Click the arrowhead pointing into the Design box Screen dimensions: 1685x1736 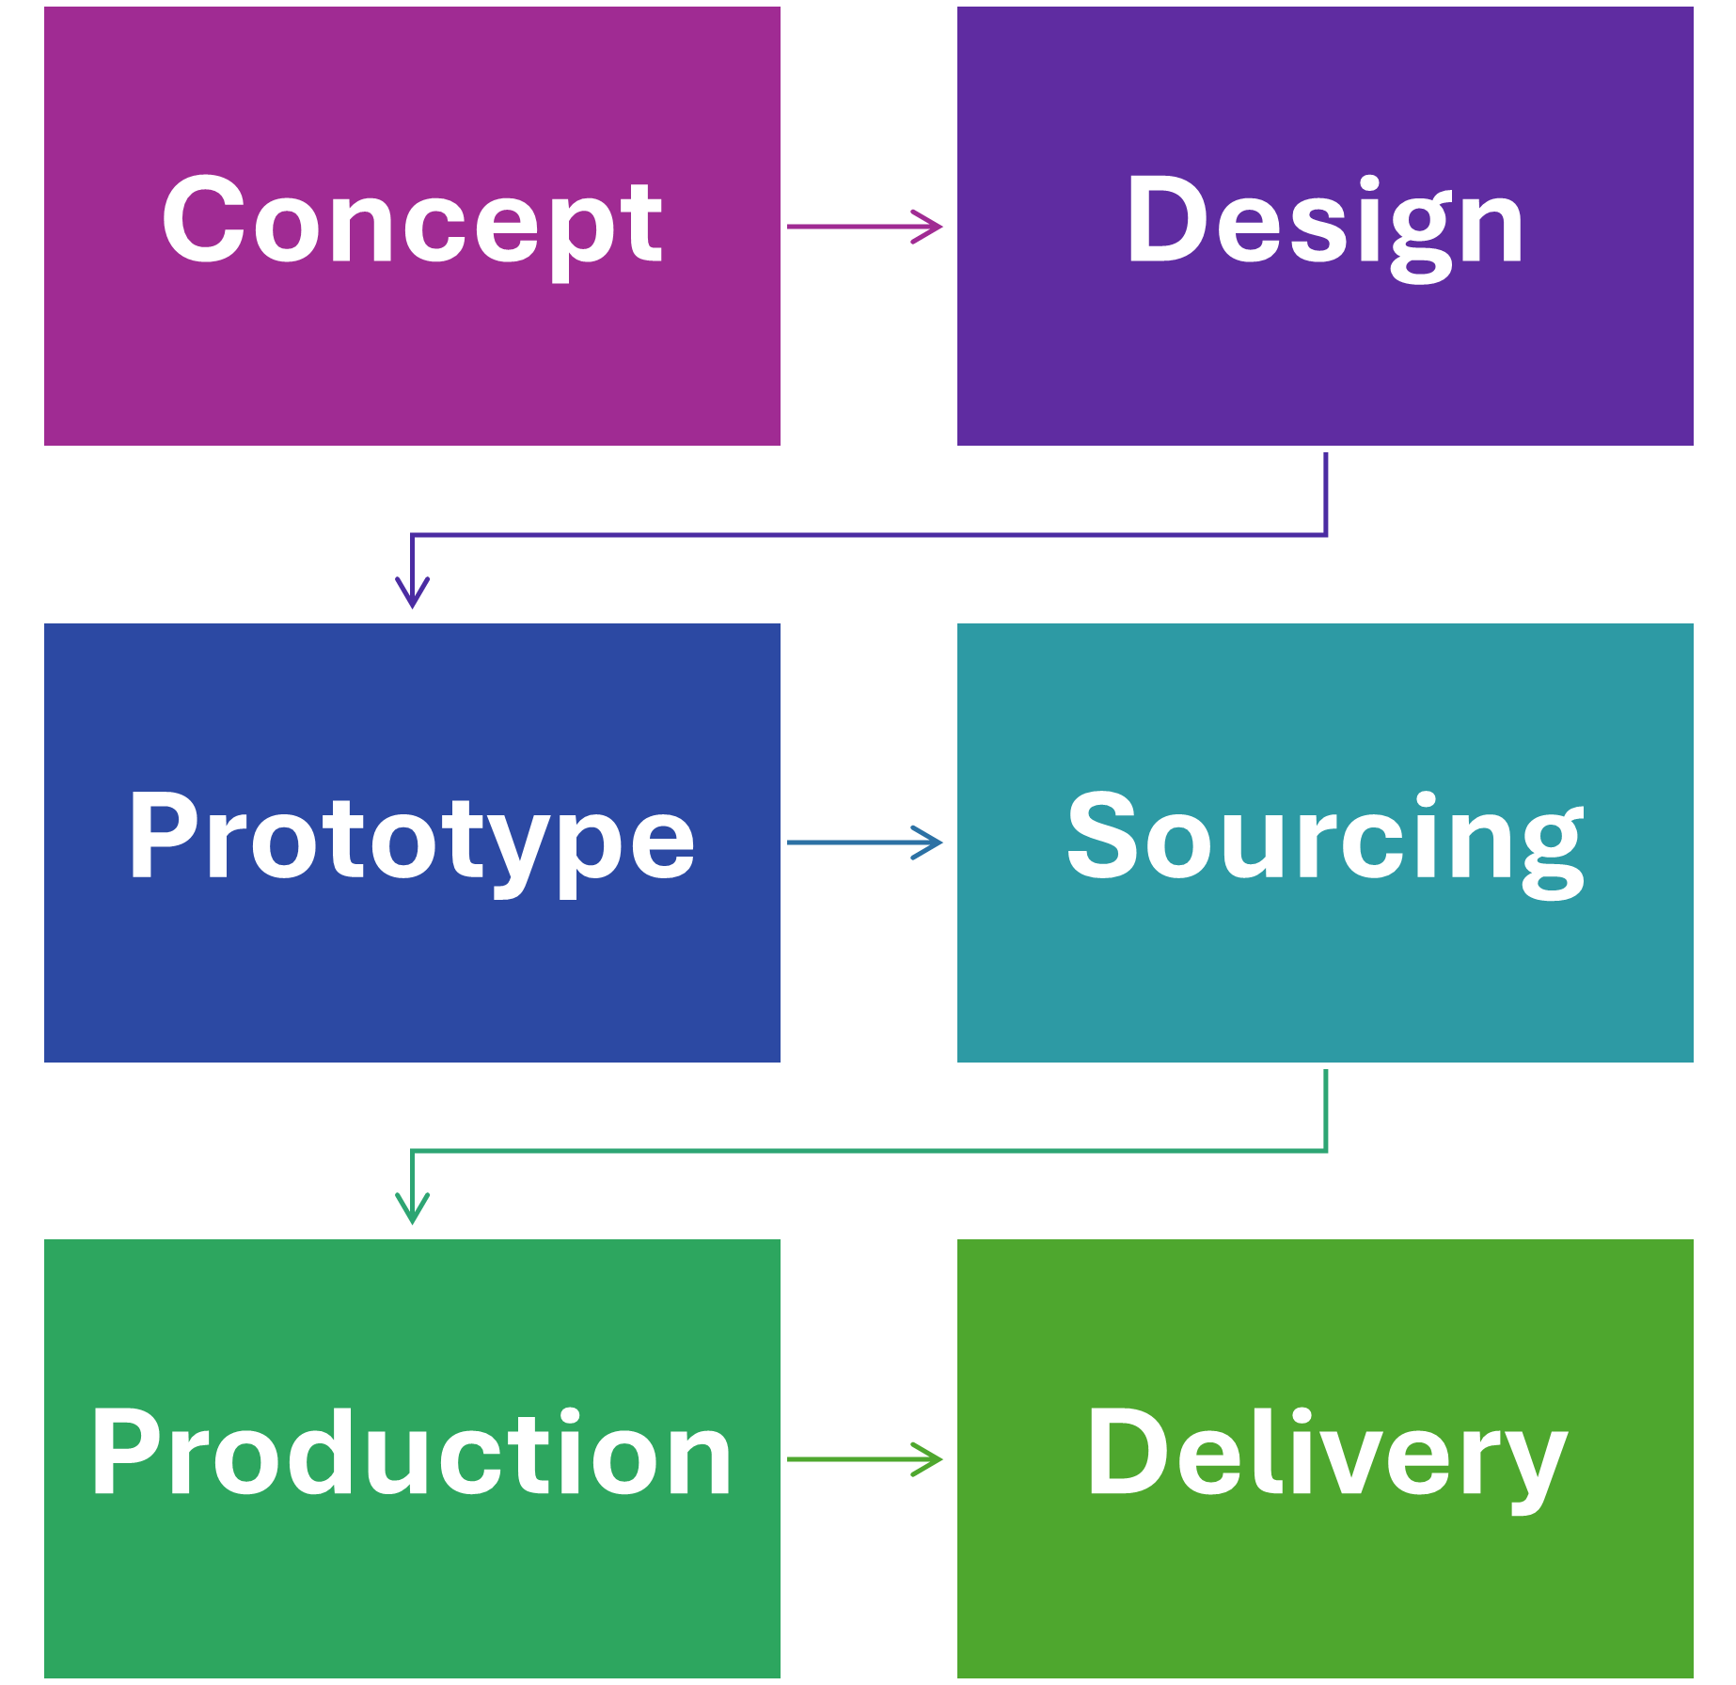[931, 227]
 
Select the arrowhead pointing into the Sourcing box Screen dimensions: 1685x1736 [931, 842]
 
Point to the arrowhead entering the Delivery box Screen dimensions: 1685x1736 [931, 1459]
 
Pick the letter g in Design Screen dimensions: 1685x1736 [1421, 230]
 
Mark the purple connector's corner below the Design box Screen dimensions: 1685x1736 [1326, 535]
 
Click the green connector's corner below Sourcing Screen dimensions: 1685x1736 [1326, 1150]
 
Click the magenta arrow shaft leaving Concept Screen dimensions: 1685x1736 [846, 227]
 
